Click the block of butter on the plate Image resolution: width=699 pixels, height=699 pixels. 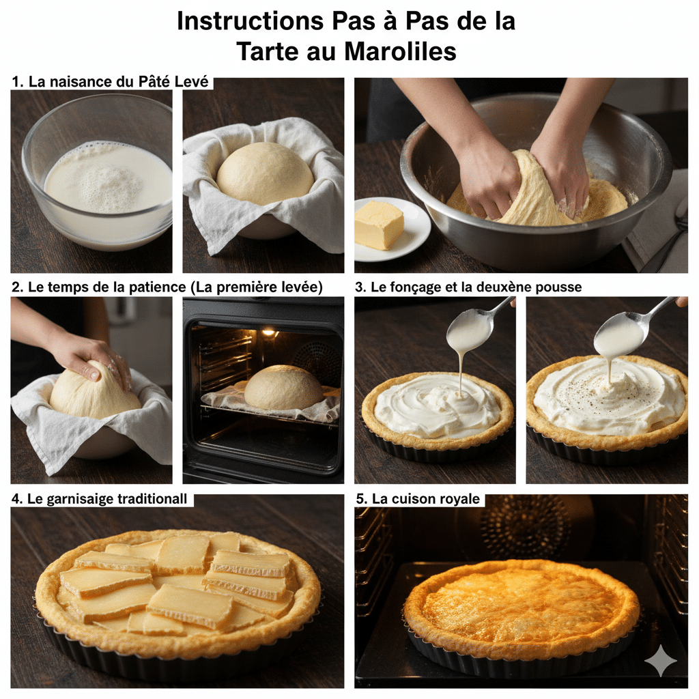380,225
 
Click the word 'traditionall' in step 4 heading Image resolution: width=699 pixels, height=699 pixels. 149,500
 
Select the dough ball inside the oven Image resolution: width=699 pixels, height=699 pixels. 283,387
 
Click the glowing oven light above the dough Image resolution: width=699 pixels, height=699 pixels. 269,332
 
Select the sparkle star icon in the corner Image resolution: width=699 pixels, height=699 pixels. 660,661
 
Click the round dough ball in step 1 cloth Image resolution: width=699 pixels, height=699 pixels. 264,173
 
